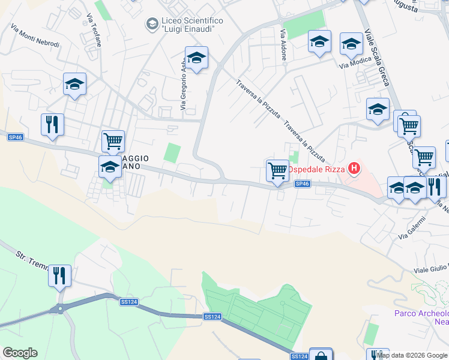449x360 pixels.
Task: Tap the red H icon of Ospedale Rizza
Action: (354, 169)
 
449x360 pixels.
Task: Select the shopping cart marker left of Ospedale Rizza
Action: (277, 171)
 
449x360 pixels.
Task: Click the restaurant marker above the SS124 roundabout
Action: (59, 277)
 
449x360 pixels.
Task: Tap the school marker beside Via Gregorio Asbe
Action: (196, 59)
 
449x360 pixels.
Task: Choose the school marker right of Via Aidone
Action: (319, 43)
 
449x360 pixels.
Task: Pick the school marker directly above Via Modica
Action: (351, 44)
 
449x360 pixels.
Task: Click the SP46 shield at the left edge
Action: (15, 137)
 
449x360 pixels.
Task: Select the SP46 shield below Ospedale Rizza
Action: (303, 184)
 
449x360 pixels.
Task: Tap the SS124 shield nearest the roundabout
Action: (128, 302)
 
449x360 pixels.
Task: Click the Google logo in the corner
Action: (20, 353)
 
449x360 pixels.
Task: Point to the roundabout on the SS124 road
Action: (60, 309)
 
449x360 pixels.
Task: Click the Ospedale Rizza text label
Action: (315, 169)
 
